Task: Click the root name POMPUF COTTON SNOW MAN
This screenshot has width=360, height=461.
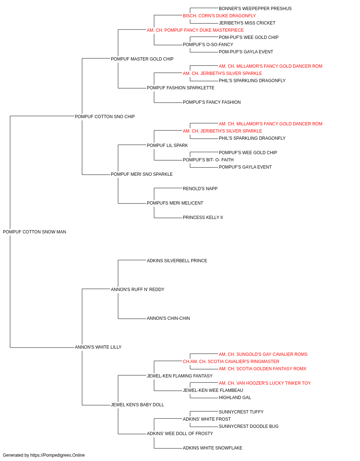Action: pyautogui.click(x=34, y=232)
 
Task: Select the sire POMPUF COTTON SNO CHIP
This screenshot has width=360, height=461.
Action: pyautogui.click(x=105, y=117)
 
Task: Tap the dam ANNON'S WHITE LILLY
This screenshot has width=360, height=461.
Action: pyautogui.click(x=98, y=347)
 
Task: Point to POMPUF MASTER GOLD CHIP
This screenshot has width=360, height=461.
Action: pyautogui.click(x=142, y=59)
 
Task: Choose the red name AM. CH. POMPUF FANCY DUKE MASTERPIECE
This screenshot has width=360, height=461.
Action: pyautogui.click(x=195, y=30)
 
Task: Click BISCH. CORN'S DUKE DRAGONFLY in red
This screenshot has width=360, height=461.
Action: pyautogui.click(x=219, y=16)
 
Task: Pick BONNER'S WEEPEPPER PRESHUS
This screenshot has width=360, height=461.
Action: pyautogui.click(x=255, y=9)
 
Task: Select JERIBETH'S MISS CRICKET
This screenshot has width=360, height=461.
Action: pyautogui.click(x=247, y=23)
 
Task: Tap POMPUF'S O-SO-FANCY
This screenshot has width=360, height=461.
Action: pyautogui.click(x=208, y=45)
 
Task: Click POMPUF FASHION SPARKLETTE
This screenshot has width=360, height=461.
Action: pyautogui.click(x=181, y=88)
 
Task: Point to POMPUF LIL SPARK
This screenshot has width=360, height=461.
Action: pyautogui.click(x=167, y=145)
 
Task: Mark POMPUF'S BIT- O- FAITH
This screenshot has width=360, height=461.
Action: pyautogui.click(x=208, y=160)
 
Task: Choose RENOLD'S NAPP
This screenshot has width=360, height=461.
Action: pyautogui.click(x=200, y=189)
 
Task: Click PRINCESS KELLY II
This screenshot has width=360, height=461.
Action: pyautogui.click(x=203, y=218)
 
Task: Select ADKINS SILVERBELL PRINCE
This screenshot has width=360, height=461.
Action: pyautogui.click(x=177, y=260)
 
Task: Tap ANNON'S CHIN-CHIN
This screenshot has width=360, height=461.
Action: pyautogui.click(x=168, y=318)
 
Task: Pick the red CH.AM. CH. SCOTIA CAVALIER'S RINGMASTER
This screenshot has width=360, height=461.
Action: pyautogui.click(x=231, y=362)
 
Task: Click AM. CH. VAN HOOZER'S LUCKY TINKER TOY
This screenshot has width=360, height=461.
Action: pyautogui.click(x=265, y=383)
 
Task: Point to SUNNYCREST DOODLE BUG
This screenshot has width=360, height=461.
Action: pyautogui.click(x=248, y=426)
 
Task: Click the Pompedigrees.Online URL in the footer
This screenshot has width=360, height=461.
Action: pyautogui.click(x=58, y=455)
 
